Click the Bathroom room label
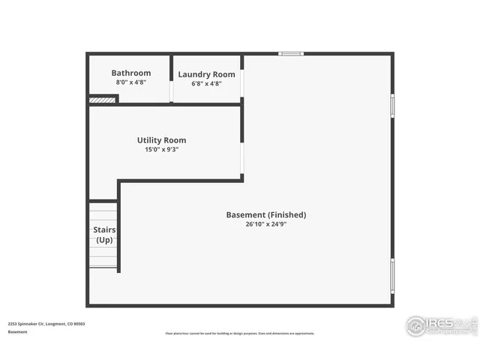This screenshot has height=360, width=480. click(131, 73)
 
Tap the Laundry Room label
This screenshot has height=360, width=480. click(206, 74)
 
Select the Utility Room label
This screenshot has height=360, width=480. click(161, 140)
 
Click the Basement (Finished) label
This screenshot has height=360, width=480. click(266, 214)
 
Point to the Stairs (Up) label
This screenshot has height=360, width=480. click(103, 235)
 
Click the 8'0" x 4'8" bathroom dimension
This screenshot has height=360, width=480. click(131, 82)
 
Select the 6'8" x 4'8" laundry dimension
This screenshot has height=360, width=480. click(206, 84)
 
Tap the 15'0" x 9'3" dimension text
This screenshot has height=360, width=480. click(161, 149)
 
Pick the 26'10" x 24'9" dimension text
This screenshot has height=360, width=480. click(266, 224)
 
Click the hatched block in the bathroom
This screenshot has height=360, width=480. click(102, 99)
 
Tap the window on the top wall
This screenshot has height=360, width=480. click(291, 53)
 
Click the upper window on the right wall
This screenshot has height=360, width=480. click(391, 105)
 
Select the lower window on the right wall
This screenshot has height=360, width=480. click(391, 276)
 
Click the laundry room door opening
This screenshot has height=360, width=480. click(172, 90)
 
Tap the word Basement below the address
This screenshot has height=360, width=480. click(18, 331)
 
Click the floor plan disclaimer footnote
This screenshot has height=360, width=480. click(240, 334)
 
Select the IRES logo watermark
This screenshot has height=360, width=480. click(441, 325)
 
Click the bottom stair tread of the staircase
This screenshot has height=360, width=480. click(103, 263)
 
